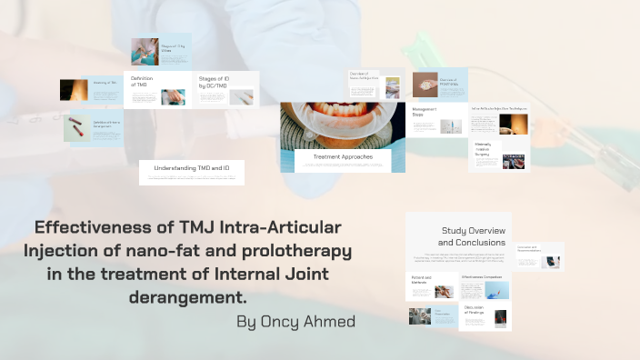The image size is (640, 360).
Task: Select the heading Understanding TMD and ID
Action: [191, 168]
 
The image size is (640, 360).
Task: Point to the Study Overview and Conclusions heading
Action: [473, 236]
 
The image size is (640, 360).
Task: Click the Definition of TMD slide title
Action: [142, 82]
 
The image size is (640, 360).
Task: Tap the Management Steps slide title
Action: [425, 112]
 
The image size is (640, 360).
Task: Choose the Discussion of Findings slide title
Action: [474, 311]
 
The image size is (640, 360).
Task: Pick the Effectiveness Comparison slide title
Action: [482, 275]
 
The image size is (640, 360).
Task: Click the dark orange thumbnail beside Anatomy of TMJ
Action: [73, 89]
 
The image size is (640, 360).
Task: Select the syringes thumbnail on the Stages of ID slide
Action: [240, 96]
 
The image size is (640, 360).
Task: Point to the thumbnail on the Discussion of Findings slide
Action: [500, 318]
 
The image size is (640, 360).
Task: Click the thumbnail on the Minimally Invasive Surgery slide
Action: [513, 161]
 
